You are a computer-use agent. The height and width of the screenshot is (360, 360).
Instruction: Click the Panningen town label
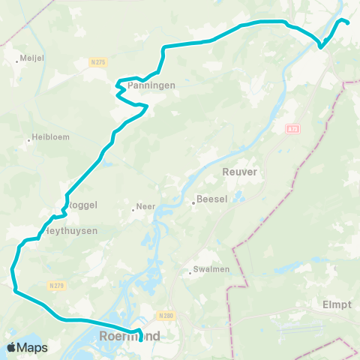[151, 86]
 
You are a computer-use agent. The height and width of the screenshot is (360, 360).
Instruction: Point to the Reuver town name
[240, 172]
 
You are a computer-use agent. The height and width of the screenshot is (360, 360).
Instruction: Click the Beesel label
[211, 200]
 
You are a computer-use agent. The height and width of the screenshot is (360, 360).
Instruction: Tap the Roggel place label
[82, 204]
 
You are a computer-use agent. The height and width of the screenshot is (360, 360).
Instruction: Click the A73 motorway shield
[292, 129]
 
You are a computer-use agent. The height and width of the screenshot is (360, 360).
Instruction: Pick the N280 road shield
[166, 316]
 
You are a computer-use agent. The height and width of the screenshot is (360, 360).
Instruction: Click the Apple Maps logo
[27, 347]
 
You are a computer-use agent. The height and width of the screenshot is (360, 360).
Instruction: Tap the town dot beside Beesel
[192, 200]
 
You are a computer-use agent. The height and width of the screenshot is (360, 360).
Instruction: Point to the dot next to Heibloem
[28, 139]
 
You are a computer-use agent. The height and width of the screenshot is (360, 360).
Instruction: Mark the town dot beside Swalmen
[190, 273]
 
